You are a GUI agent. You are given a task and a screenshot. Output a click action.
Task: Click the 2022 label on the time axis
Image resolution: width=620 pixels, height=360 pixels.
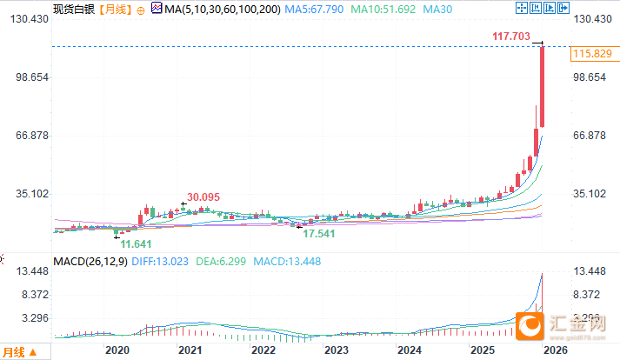pos(263,349)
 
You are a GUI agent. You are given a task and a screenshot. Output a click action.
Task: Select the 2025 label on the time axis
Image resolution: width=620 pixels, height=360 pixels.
pos(483,349)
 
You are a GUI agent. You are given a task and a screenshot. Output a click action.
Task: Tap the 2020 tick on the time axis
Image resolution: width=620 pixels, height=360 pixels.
pos(116,349)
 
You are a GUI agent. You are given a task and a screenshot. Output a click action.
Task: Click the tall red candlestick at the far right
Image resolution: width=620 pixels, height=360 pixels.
pos(542,86)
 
